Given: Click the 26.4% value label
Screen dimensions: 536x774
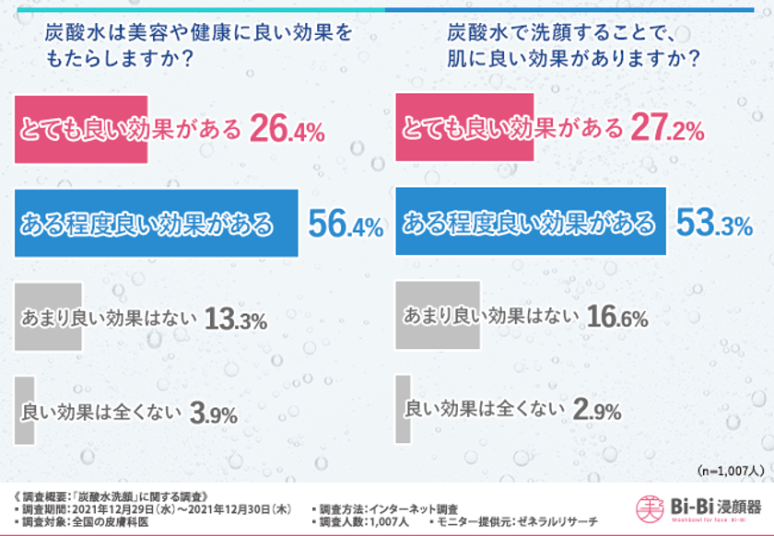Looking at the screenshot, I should pyautogui.click(x=287, y=130).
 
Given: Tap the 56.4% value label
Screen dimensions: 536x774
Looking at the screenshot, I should pyautogui.click(x=344, y=224).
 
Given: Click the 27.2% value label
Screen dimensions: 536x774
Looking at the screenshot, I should pyautogui.click(x=668, y=129).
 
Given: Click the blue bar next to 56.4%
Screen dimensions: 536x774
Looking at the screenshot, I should pyautogui.click(x=158, y=224).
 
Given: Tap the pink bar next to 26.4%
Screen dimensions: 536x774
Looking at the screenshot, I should pyautogui.click(x=81, y=130).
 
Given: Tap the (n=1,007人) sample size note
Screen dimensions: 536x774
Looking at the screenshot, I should pyautogui.click(x=730, y=470).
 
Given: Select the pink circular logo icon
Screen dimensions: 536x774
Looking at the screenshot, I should pyautogui.click(x=651, y=507).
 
